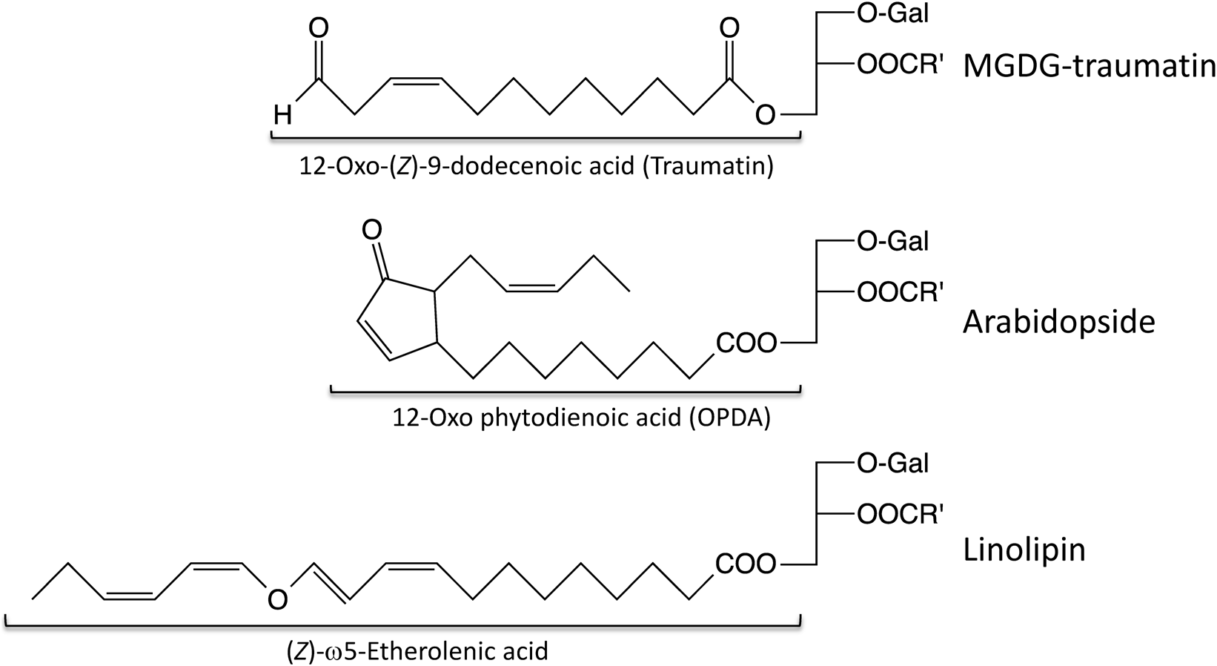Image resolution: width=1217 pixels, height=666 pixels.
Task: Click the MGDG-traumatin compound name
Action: (x=1089, y=67)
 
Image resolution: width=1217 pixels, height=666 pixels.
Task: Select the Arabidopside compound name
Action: (x=1058, y=323)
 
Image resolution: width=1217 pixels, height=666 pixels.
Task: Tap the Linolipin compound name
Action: (x=1024, y=550)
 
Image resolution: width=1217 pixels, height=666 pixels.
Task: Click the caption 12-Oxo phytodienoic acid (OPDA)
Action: (x=582, y=418)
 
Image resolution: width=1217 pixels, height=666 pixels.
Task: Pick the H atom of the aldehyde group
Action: (x=282, y=115)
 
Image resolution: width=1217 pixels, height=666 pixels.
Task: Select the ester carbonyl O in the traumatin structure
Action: (x=730, y=30)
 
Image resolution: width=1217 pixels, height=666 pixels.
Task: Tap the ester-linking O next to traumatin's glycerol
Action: (x=765, y=115)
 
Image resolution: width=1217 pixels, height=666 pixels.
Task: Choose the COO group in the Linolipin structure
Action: (x=746, y=564)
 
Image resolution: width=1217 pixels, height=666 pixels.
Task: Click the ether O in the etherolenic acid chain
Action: (x=277, y=599)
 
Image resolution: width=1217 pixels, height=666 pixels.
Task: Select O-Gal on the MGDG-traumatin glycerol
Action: (x=892, y=14)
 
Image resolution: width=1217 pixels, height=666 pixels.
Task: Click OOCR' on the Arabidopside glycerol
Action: (x=900, y=292)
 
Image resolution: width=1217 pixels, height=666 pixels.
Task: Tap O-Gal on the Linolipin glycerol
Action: (x=892, y=464)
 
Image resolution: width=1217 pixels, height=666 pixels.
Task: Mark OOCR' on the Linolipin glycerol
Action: (x=900, y=514)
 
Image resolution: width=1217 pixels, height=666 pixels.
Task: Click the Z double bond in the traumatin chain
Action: (x=414, y=81)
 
